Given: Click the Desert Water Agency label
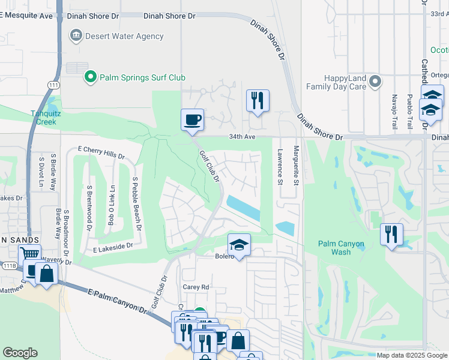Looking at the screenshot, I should pos(124,36).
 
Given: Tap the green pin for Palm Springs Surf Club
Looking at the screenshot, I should pos(90,77).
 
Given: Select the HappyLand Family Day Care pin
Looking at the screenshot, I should pos(375,81).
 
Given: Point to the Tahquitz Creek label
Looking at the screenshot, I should pos(44,117).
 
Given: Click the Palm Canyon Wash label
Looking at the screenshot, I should pos(342,248).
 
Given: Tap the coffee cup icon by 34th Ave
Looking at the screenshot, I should pos(192,119).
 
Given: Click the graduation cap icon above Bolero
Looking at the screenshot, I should pos(239,245).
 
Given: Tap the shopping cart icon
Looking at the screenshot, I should pos(29,256).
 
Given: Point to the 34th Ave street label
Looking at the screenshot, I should pos(242,137).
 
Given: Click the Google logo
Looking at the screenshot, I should pos(20,353).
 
